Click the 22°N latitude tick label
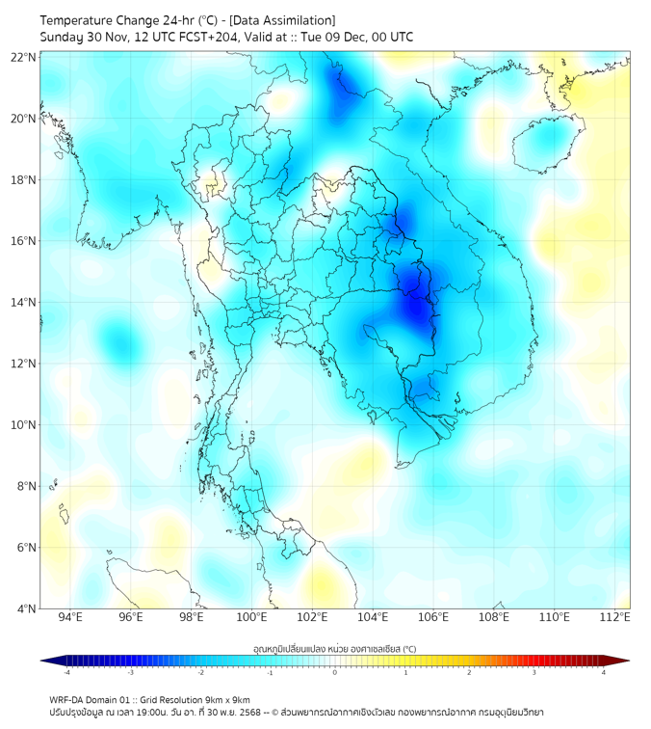coord(24,57)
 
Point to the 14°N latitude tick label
coord(24,302)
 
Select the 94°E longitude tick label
coord(70,617)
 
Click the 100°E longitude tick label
coord(252,617)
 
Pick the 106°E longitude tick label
coord(434,617)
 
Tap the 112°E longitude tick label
coord(616,617)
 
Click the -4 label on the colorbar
coord(66,672)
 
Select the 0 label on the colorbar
coord(335,672)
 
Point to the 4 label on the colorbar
coord(604,672)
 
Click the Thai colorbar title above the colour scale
coord(334,649)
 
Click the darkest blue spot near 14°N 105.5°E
coord(417,307)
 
